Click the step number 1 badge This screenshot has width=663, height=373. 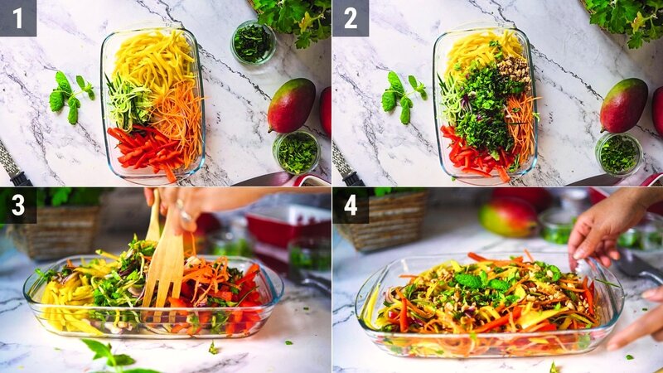pos(17,17)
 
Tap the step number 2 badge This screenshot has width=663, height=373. pos(350,17)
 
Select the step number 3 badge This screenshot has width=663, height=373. pos(17,205)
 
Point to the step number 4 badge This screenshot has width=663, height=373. pos(350,205)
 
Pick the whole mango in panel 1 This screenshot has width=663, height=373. pos(291,105)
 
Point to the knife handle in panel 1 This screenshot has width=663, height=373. pos(12,166)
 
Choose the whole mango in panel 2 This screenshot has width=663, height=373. pos(623,105)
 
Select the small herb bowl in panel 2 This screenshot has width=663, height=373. pos(618,153)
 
